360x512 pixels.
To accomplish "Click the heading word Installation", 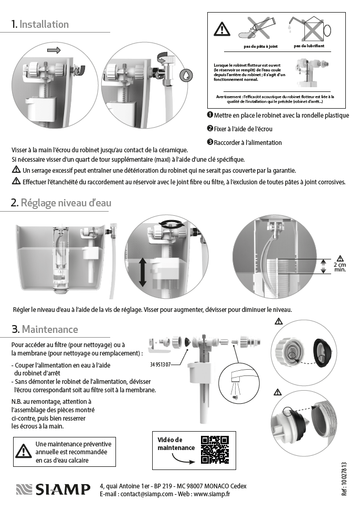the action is coord(44,24).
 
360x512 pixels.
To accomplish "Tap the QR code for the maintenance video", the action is coord(215,450).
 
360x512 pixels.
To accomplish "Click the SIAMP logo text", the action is coord(62,489).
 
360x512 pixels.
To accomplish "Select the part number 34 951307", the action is coord(160,364).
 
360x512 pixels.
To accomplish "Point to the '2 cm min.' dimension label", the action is coord(340,267).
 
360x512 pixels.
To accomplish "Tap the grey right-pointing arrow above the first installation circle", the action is coord(54,50).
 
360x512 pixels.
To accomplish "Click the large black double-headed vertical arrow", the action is coord(142,272).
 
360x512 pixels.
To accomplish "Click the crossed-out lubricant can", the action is coord(309,28).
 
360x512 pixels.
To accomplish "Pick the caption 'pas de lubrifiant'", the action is coord(309,46).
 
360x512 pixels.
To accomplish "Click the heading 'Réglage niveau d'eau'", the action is coord(66,203).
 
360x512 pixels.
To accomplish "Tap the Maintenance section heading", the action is coord(50,329).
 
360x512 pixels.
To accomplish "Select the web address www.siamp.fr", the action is coord(212,494).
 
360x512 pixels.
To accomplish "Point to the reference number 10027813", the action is coord(344,479).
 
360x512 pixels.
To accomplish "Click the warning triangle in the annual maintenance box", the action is coord(24,451).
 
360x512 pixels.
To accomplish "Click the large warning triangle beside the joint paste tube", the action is coord(222,29).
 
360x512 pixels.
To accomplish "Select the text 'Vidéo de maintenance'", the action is coord(176,444).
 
